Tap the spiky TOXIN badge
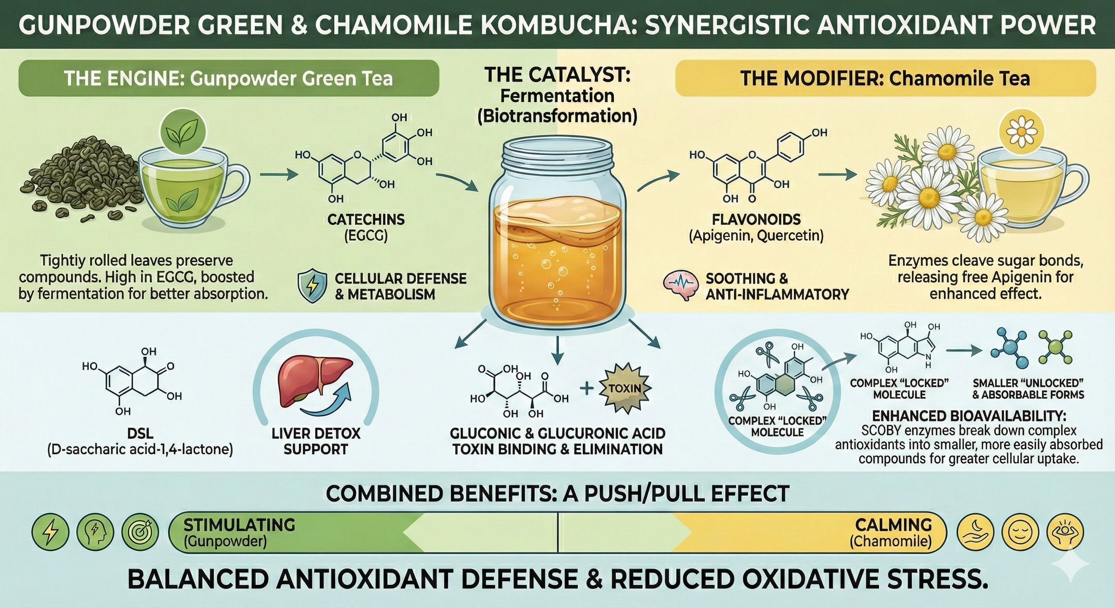(625, 388)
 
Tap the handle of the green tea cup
(239, 182)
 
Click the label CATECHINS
(366, 219)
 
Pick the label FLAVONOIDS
(756, 219)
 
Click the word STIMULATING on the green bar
(239, 525)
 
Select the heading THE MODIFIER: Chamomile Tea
(885, 79)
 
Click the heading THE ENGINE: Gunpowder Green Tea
(228, 79)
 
